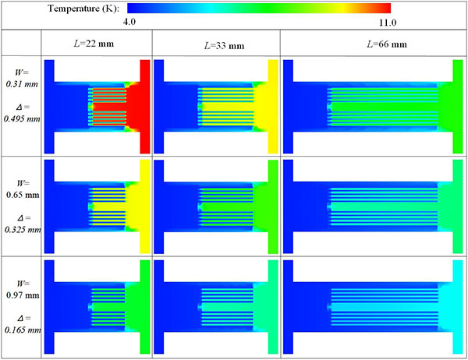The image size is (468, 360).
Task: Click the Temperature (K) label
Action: click(83, 8)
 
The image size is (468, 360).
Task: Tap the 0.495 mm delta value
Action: click(21, 120)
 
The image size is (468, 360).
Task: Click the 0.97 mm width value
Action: click(21, 289)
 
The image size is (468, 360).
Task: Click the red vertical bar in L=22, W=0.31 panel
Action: click(144, 106)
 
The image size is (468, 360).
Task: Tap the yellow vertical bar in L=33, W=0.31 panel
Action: click(272, 106)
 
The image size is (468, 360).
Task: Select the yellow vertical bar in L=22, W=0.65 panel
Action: click(144, 206)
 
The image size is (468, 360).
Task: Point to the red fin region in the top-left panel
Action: click(109, 106)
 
